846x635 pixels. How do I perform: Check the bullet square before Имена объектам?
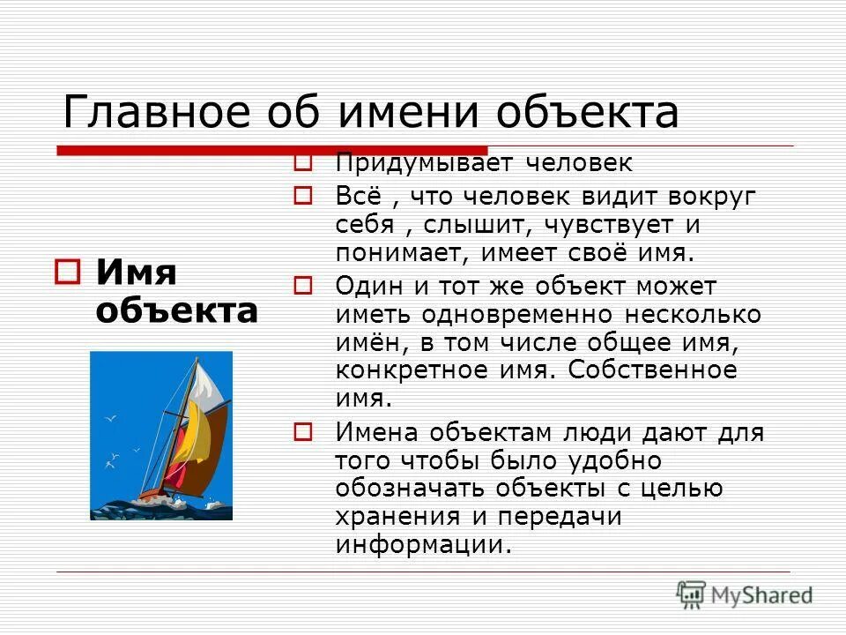pos(303,432)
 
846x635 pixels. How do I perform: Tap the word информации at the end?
pos(423,545)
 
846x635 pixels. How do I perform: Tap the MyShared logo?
pos(745,594)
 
